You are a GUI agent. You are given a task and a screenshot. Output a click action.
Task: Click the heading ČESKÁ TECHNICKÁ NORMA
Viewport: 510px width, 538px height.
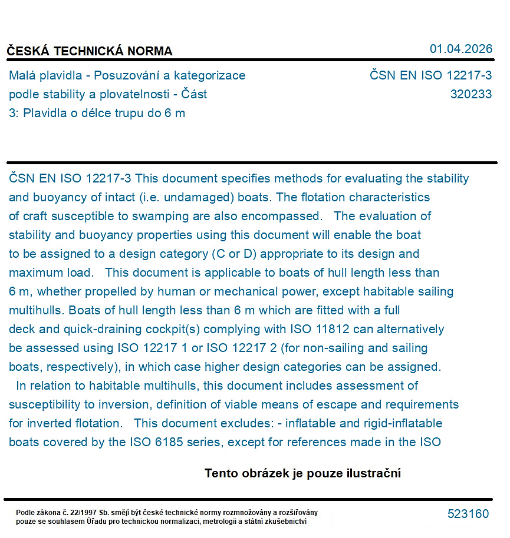tap(90, 51)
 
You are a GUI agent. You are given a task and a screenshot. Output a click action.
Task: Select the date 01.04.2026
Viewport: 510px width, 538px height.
tap(460, 49)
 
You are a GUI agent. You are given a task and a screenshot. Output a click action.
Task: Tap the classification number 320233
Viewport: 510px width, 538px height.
tap(470, 94)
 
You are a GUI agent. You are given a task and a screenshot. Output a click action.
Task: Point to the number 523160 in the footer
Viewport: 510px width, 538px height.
tap(468, 514)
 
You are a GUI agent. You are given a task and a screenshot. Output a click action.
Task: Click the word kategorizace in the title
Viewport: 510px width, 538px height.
tap(210, 75)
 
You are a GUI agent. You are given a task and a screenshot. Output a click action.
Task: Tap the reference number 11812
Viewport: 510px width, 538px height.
tap(334, 329)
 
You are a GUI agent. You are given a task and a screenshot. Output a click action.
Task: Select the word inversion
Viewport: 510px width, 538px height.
tap(142, 404)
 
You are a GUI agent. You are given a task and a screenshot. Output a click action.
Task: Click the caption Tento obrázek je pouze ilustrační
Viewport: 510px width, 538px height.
tap(302, 473)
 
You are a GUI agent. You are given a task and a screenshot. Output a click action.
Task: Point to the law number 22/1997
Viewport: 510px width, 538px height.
tap(83, 513)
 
